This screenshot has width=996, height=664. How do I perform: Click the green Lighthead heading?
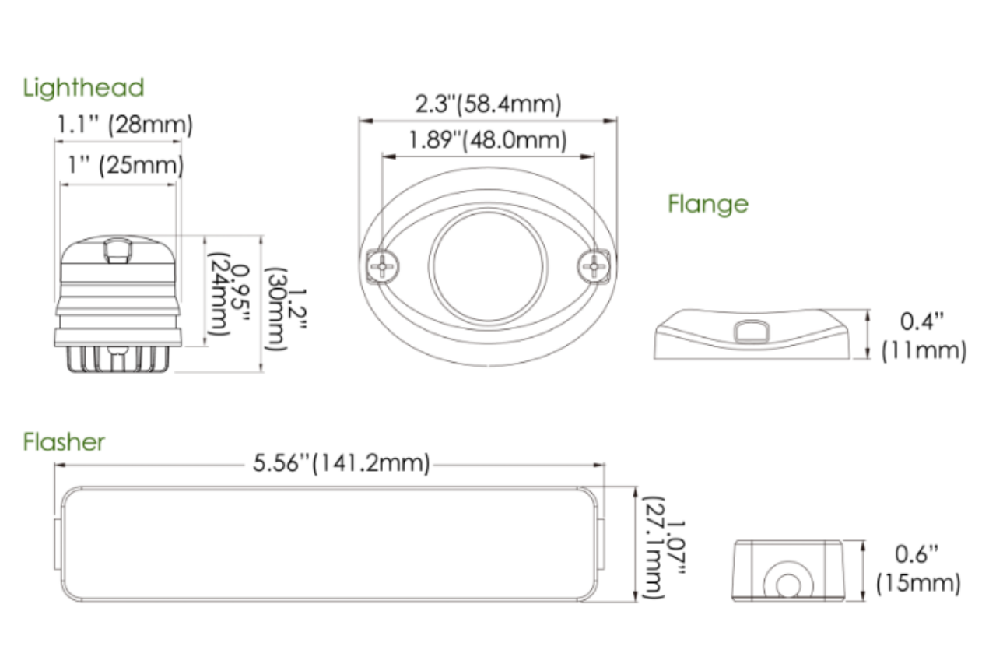click(84, 87)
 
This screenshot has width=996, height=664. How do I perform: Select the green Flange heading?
click(707, 204)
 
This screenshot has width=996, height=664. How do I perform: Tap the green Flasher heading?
click(64, 442)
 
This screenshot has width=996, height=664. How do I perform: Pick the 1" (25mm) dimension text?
click(122, 165)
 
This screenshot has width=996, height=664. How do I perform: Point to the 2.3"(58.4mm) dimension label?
click(487, 104)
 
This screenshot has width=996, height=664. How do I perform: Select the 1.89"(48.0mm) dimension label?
click(487, 141)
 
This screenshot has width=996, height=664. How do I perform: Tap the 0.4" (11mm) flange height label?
click(923, 336)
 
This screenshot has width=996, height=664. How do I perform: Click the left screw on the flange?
click(382, 267)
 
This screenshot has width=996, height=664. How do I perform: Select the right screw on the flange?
click(594, 267)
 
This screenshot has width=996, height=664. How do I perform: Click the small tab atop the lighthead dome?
click(117, 250)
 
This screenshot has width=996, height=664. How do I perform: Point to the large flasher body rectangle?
click(327, 544)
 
